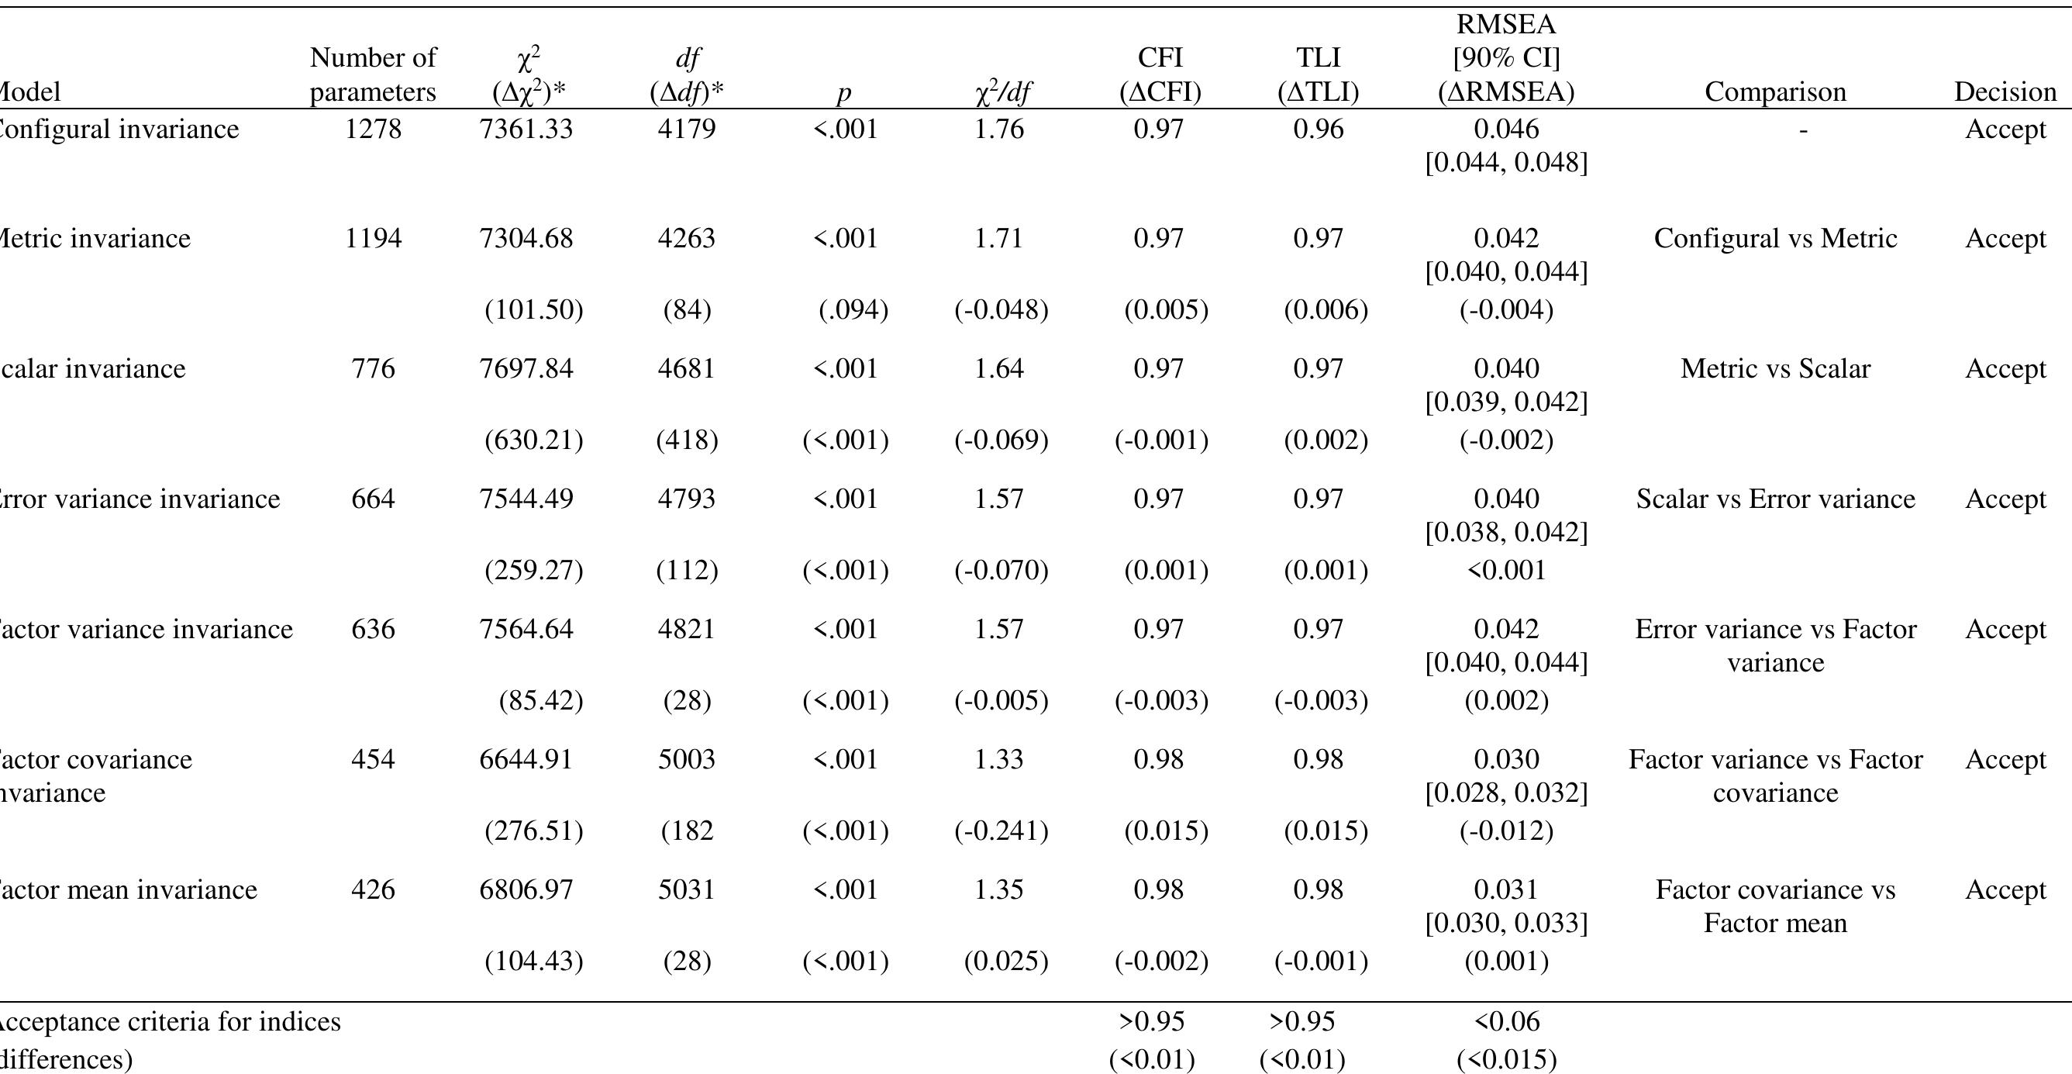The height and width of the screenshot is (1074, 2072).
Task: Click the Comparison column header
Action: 1774,92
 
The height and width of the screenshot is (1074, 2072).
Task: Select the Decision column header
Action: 2005,92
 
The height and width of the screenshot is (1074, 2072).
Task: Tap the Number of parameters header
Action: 372,74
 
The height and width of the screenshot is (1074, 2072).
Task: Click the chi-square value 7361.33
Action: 526,129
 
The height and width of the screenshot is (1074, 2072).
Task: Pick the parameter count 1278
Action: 372,129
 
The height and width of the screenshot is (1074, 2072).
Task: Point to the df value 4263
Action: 686,238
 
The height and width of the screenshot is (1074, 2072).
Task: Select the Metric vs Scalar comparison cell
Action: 1774,368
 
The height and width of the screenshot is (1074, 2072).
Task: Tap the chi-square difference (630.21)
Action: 533,440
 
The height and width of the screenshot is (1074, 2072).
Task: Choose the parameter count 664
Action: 372,499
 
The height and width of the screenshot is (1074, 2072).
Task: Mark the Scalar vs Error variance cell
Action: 1774,499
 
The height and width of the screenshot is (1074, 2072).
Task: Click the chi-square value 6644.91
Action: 526,759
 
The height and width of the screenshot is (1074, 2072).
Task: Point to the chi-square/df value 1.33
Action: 999,759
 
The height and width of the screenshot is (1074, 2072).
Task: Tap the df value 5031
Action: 686,889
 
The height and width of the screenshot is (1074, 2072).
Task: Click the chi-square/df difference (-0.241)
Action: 1001,831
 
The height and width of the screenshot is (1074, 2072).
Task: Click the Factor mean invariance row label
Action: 129,889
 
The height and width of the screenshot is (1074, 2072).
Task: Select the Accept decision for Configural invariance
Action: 2005,129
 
